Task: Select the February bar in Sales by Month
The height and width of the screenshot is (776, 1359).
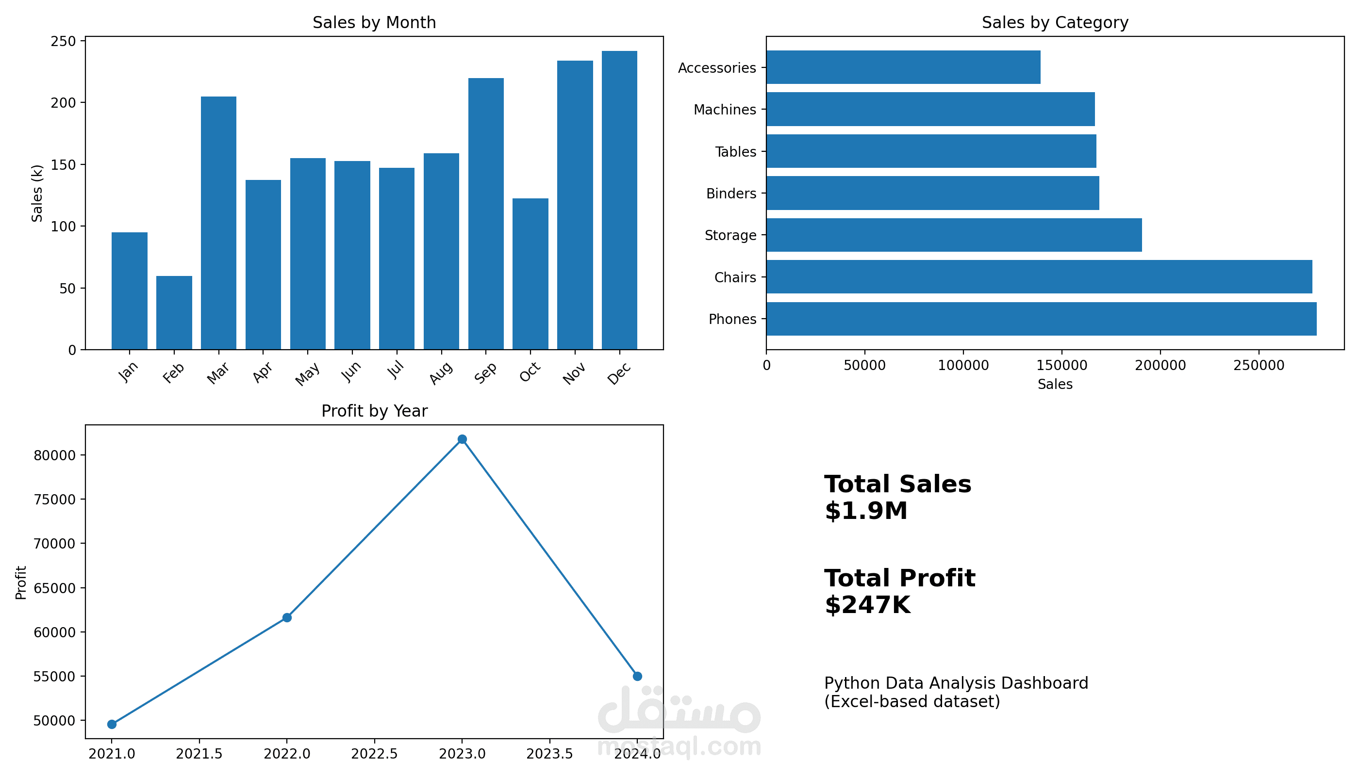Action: click(174, 313)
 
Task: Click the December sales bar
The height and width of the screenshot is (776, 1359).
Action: click(619, 200)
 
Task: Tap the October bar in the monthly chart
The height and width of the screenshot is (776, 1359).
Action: click(530, 274)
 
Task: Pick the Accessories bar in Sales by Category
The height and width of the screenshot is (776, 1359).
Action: click(903, 67)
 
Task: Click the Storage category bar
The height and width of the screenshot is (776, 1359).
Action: click(954, 235)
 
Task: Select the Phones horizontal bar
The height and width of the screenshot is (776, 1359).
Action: click(1041, 319)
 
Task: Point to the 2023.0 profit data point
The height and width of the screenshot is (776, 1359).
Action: click(462, 439)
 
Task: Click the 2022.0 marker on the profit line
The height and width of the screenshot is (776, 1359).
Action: click(287, 618)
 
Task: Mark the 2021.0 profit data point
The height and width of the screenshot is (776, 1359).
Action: click(112, 724)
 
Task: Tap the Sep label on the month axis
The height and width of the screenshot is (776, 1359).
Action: click(485, 372)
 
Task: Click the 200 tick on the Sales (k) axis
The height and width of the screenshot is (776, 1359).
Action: click(64, 102)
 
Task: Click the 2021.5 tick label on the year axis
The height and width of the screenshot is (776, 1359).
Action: click(199, 754)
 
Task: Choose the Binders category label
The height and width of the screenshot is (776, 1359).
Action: click(730, 194)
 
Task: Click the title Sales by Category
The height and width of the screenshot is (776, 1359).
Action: click(1055, 22)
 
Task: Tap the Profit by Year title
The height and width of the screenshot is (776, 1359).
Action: click(374, 411)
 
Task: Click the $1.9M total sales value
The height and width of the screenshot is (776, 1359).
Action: click(866, 511)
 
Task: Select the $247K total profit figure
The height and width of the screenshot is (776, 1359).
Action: click(867, 605)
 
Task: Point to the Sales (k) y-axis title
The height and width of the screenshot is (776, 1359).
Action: click(37, 193)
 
